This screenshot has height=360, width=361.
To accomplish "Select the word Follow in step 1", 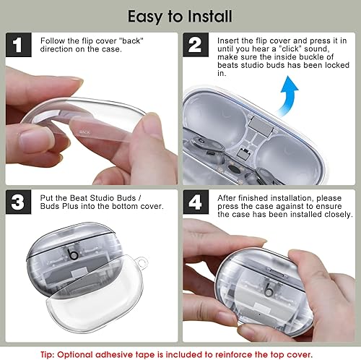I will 53,40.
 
